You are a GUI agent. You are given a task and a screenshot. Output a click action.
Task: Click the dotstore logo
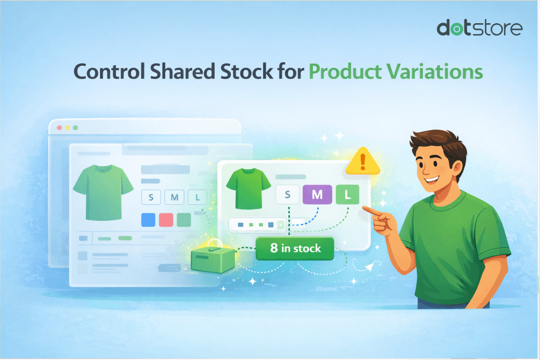[480, 28]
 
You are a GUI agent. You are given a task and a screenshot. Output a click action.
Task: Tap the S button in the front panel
[287, 195]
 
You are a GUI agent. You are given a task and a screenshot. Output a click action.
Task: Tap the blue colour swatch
[148, 220]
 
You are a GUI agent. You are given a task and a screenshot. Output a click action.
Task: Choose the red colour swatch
[166, 220]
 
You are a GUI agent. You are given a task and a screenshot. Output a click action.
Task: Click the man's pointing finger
[367, 209]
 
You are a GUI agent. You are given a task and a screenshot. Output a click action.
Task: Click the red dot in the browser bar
[60, 128]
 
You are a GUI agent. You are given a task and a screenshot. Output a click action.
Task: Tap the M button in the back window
[174, 198]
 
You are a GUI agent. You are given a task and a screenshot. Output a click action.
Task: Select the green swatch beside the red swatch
[184, 220]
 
